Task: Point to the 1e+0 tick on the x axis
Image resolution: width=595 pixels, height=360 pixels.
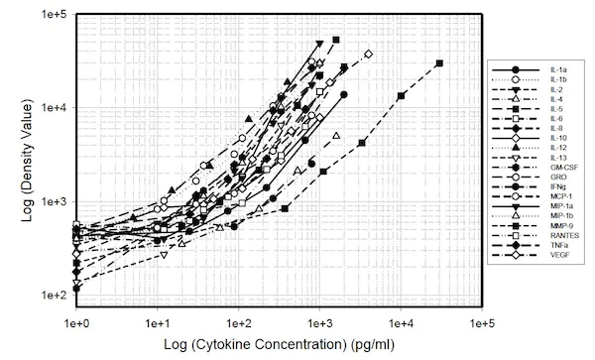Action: tap(76, 324)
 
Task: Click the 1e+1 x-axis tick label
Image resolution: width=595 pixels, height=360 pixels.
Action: tap(158, 324)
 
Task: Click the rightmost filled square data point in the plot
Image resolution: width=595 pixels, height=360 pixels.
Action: tap(439, 63)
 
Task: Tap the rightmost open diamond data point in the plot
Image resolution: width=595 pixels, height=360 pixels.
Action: tap(368, 55)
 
